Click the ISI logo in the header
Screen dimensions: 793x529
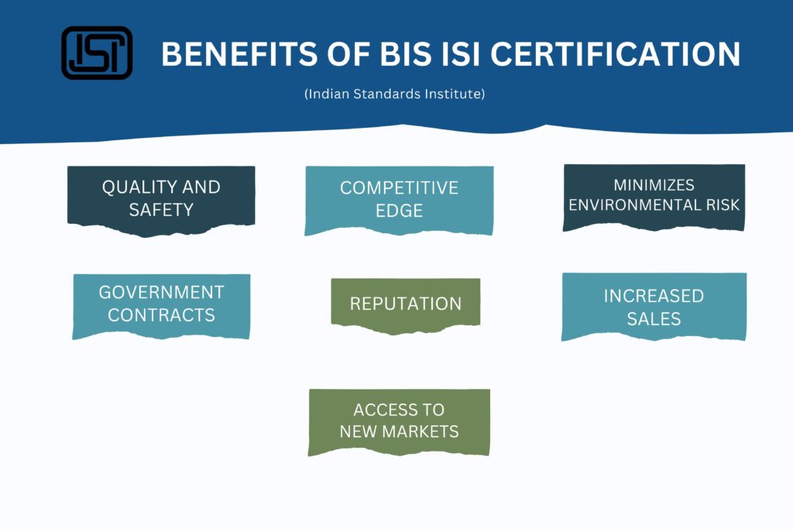(97, 53)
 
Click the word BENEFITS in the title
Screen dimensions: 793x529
(240, 54)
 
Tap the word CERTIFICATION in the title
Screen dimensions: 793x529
(616, 54)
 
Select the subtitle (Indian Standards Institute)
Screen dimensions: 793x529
(394, 94)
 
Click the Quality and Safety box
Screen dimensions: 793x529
(161, 201)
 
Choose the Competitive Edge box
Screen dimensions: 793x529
(399, 201)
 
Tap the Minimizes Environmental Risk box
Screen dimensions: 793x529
(654, 198)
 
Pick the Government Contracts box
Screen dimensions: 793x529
(161, 306)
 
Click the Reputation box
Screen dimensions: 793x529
(406, 305)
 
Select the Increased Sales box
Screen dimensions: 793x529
(654, 307)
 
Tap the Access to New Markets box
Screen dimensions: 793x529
(399, 422)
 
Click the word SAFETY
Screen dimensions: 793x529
(161, 210)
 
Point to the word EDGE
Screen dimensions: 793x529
(399, 211)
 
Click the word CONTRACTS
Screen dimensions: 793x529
(161, 315)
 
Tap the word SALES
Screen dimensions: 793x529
(654, 319)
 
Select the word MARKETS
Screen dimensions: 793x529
(421, 431)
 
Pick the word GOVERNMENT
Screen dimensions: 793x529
(161, 292)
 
